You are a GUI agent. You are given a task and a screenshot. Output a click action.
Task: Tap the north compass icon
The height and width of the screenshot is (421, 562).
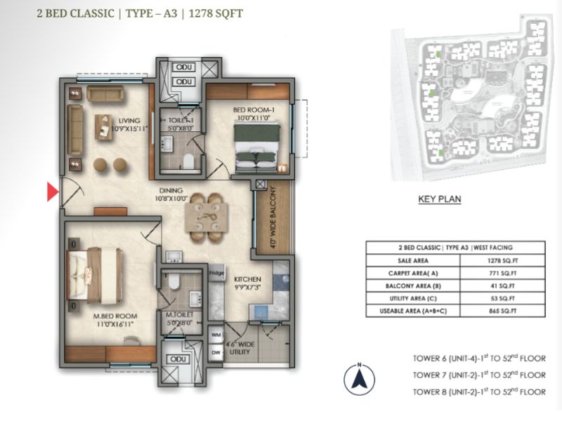pos(358,378)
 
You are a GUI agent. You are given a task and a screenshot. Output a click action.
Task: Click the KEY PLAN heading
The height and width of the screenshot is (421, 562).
pos(439,199)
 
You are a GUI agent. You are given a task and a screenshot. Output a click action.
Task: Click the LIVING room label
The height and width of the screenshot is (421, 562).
pos(129,121)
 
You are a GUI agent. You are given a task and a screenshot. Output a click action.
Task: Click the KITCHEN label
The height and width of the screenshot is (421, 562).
pos(248,279)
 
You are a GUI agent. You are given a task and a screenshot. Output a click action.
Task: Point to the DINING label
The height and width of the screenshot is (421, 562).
pos(171,190)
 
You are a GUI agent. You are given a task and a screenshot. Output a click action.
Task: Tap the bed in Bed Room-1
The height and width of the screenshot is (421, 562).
pos(256,147)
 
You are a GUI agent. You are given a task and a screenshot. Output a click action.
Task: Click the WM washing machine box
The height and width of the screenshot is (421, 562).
pos(216,335)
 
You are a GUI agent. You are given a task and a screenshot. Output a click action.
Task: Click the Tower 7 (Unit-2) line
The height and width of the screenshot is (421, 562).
pos(479,375)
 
